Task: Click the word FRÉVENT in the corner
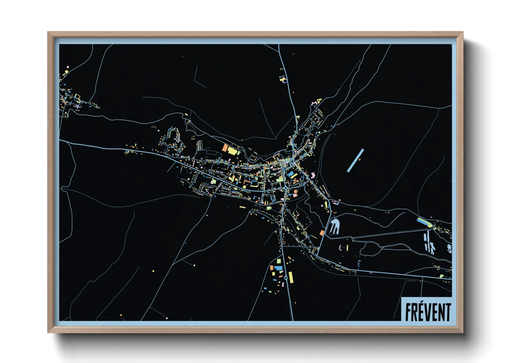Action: (x=428, y=312)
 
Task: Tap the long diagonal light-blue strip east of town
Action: (x=355, y=160)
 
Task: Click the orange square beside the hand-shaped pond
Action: (x=322, y=233)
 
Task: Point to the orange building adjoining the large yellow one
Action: (x=225, y=148)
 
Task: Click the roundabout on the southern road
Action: (x=286, y=277)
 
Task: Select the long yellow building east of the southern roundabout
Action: (x=291, y=277)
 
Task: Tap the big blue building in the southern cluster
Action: (x=278, y=268)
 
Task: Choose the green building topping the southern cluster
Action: (x=279, y=261)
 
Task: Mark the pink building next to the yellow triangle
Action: (x=314, y=103)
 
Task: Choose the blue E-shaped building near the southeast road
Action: (x=359, y=264)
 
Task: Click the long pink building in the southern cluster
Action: (x=284, y=284)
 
